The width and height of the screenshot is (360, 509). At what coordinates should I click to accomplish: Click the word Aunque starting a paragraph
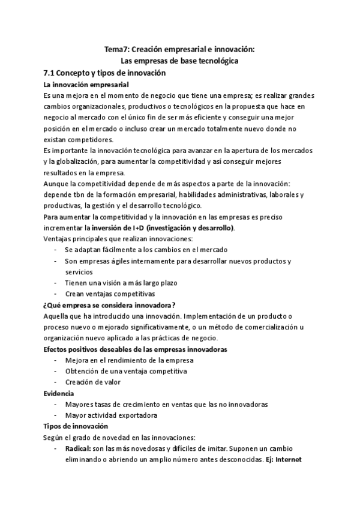click(x=56, y=184)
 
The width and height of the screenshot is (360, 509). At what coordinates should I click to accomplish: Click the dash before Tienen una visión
click(x=55, y=283)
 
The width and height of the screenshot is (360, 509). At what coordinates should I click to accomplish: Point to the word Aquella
click(x=56, y=316)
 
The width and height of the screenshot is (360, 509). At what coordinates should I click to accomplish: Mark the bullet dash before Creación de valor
click(x=55, y=382)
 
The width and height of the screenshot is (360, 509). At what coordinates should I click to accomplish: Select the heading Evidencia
click(x=59, y=393)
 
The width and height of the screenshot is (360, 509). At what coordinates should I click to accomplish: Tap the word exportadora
click(x=136, y=415)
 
